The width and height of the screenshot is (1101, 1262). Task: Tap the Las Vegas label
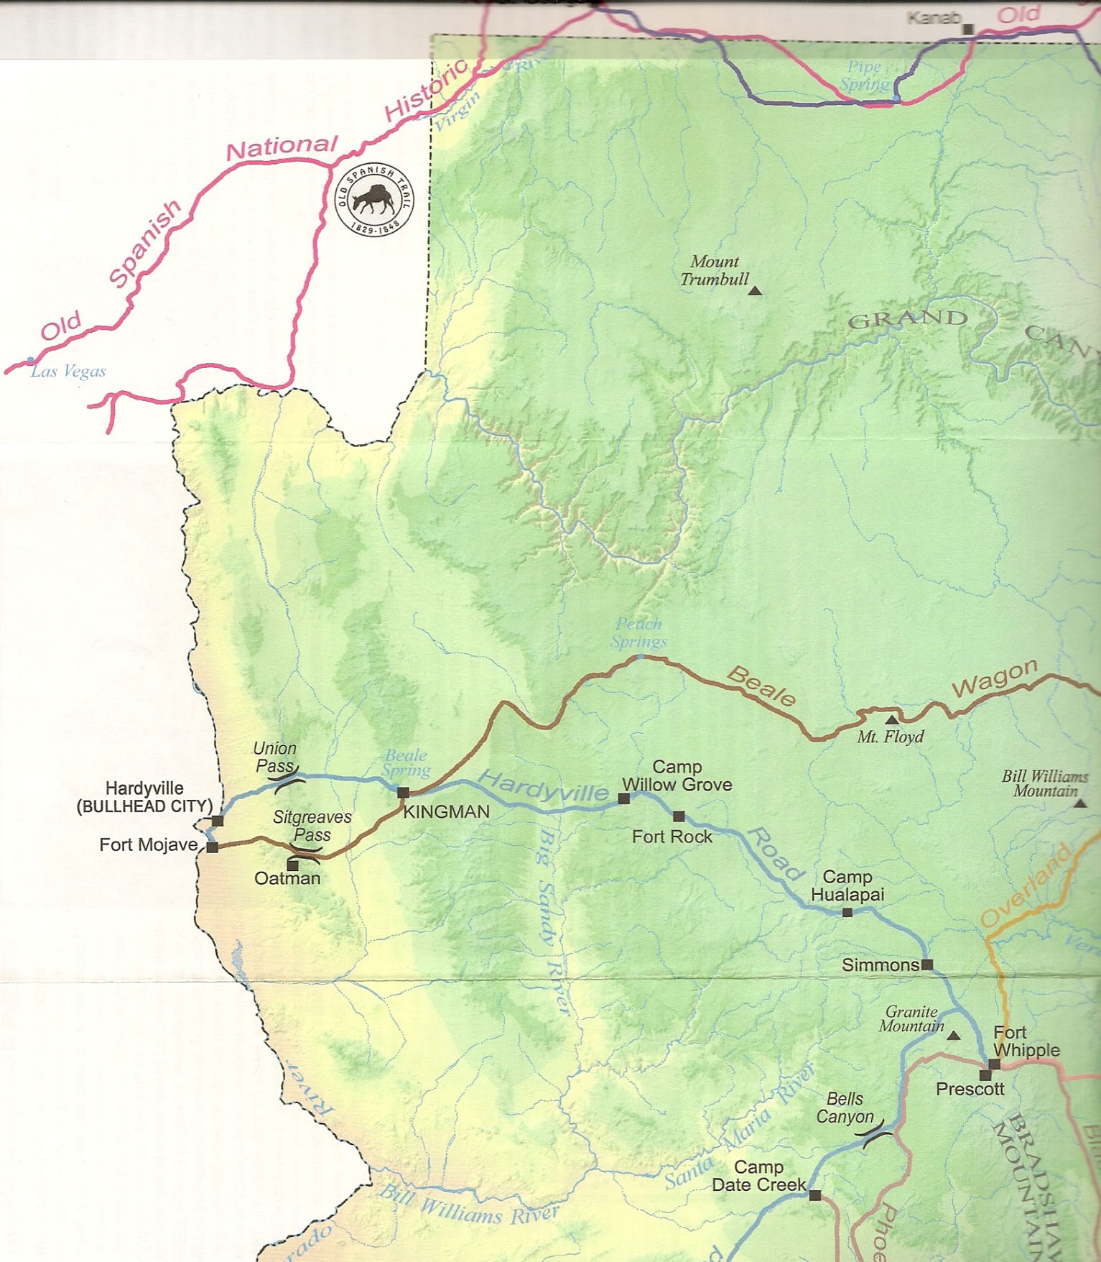point(68,372)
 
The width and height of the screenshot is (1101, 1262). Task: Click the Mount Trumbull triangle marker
point(755,291)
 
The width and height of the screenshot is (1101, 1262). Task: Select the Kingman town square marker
point(403,793)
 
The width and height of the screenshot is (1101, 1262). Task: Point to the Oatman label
point(287,878)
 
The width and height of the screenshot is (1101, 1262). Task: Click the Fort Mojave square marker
point(212,847)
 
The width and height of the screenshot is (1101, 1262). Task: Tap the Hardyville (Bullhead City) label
point(144,798)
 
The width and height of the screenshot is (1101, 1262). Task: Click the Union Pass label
point(274,757)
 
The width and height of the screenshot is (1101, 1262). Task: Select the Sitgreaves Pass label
point(312,826)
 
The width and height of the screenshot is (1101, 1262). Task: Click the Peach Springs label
point(638,633)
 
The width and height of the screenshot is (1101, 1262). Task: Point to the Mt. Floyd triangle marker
point(891,719)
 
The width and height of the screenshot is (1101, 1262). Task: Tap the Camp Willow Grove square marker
point(624,798)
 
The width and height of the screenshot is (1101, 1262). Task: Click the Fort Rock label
point(672,837)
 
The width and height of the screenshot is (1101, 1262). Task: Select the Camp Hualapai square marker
point(847,913)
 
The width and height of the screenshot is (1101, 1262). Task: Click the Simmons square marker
point(927,964)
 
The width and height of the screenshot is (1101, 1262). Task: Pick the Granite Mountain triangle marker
point(954,1036)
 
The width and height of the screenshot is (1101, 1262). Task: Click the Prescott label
point(970,1089)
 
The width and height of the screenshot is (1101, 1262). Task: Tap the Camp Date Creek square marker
point(815,1196)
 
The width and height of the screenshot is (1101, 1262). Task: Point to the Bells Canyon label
point(845,1108)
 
